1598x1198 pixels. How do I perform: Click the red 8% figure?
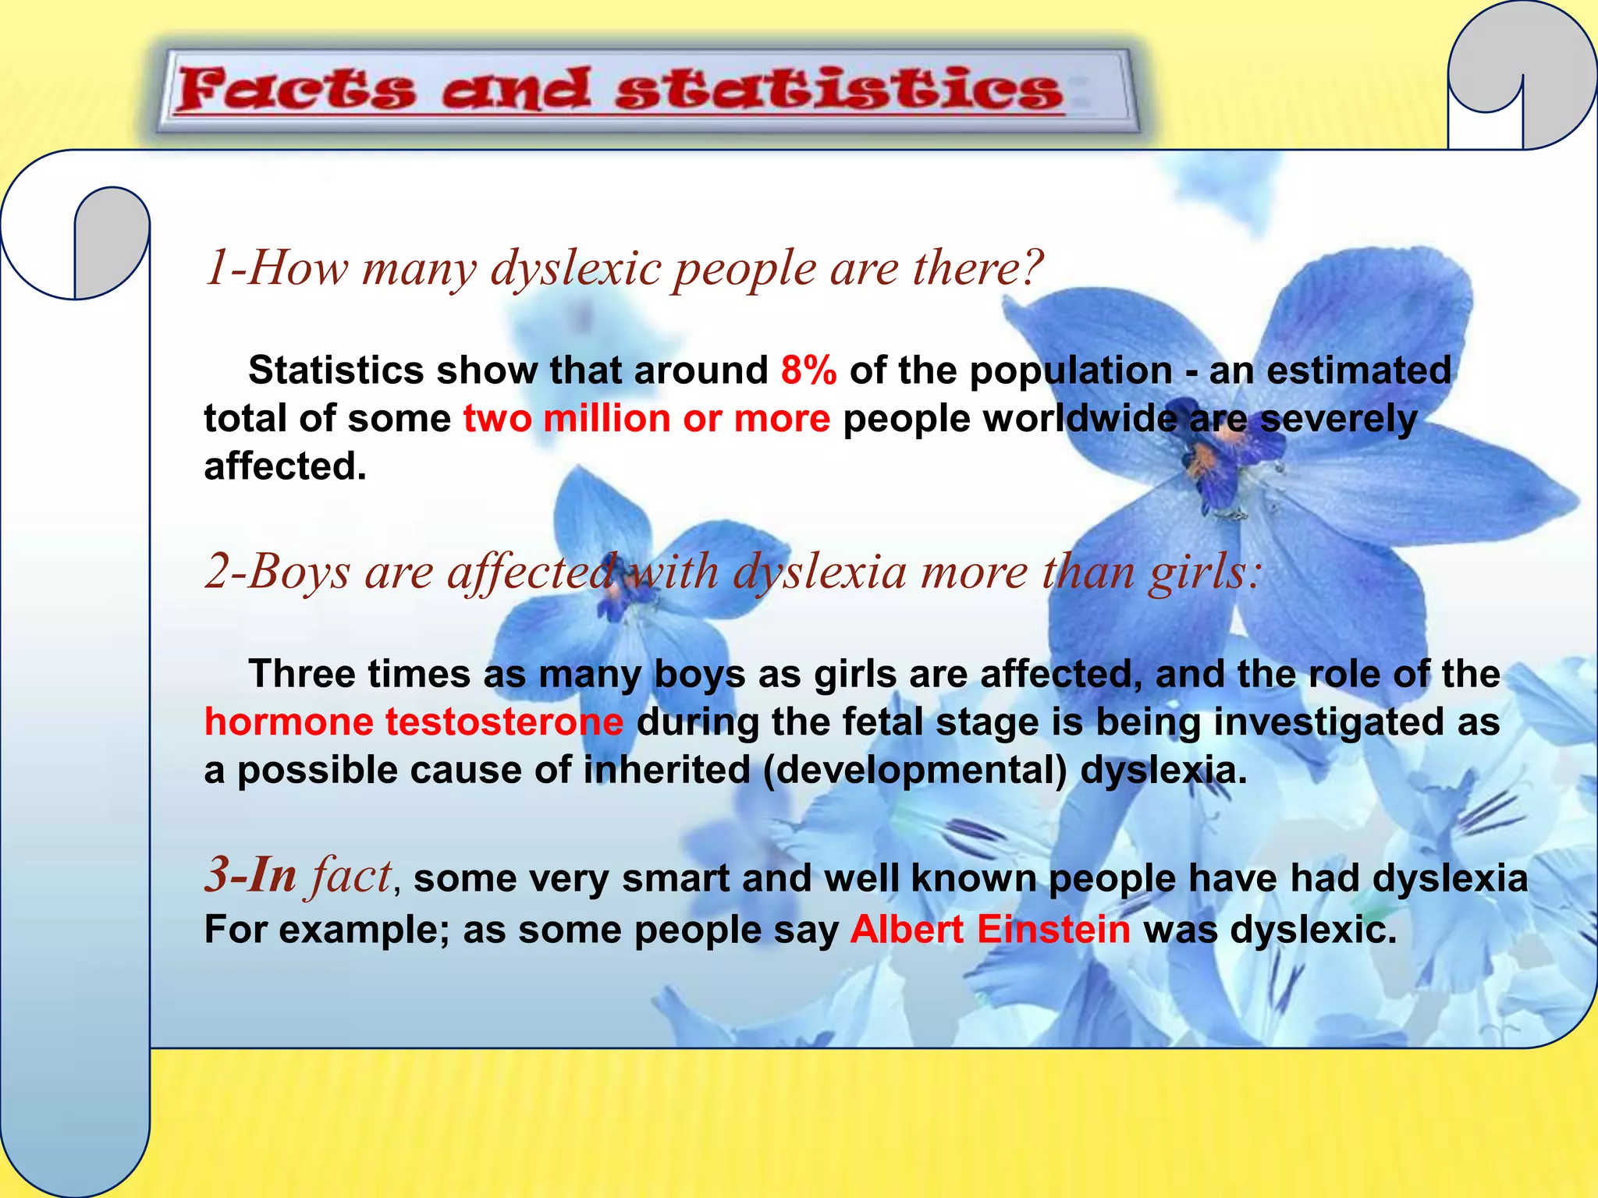tap(808, 370)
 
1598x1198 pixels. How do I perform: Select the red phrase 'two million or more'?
tap(646, 419)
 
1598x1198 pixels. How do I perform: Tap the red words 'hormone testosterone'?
tap(414, 721)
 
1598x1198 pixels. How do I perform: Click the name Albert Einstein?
tap(989, 930)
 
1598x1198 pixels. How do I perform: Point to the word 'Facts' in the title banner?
tap(295, 90)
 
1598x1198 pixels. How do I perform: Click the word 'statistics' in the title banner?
tap(839, 90)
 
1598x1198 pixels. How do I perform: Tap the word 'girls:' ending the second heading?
tap(1204, 572)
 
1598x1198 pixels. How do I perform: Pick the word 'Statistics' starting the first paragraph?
tap(336, 370)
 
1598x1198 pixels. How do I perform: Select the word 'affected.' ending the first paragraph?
tap(285, 467)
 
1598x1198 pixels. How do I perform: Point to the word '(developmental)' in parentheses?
tap(914, 771)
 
